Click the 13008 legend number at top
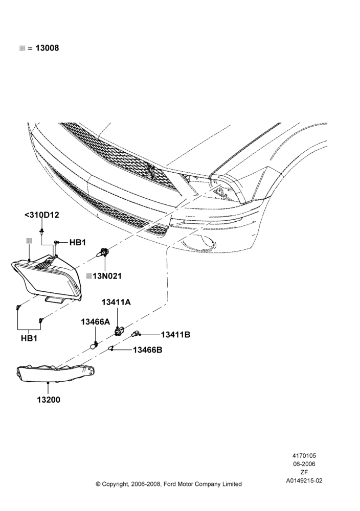pos(47,48)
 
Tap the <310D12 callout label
pos(42,215)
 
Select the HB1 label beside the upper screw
pos(77,242)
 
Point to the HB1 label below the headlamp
pos(29,338)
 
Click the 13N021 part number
pos(107,276)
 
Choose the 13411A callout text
pos(116,303)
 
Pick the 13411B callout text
pos(175,335)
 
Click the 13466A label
pos(96,322)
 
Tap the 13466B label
pos(147,350)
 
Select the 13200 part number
pos(48,400)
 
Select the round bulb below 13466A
pos(95,345)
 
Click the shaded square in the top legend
pos(22,48)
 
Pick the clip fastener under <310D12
pos(42,232)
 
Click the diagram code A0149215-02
pos(304,480)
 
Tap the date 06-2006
pos(304,464)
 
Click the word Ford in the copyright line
pos(169,484)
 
